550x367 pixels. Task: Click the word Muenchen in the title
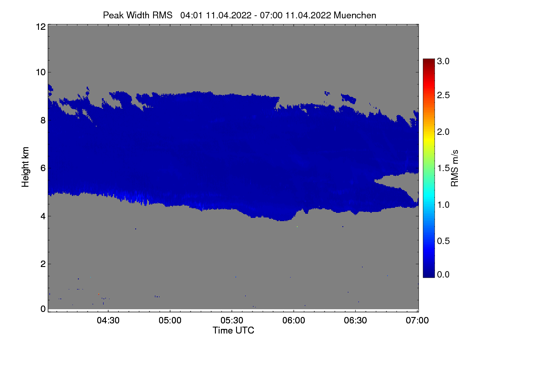coord(355,15)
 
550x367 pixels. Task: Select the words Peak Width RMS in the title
coord(137,15)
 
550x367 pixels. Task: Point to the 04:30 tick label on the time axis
coord(108,321)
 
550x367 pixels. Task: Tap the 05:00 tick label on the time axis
coord(170,321)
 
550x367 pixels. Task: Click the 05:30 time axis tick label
coord(232,321)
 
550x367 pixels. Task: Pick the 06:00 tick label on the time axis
coord(294,321)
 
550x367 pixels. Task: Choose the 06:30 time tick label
coord(356,321)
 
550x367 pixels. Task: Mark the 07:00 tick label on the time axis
coord(417,321)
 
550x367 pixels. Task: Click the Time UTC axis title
coord(233,330)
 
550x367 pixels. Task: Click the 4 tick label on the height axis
coord(42,216)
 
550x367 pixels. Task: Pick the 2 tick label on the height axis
coord(42,264)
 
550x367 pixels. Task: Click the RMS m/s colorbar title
coord(455,168)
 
